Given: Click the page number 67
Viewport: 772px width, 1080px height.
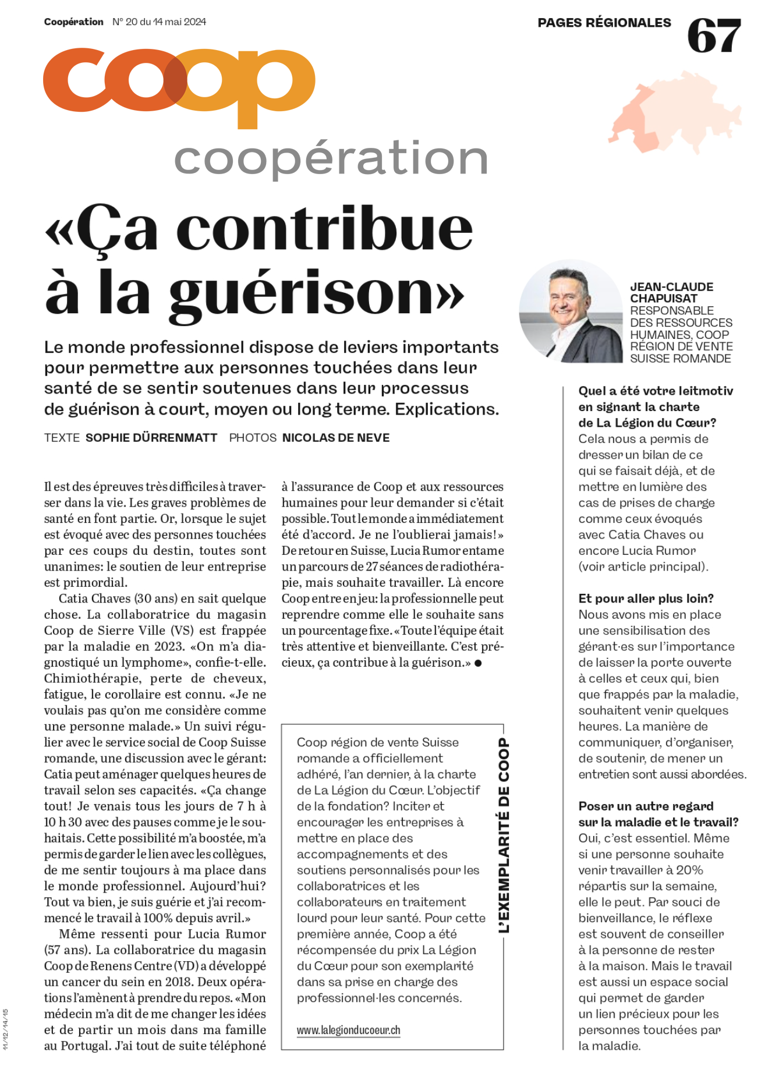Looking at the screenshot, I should coord(714,36).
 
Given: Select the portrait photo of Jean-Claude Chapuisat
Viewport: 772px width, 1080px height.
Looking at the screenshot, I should coord(571,311).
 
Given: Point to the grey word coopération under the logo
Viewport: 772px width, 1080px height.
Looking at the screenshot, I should coord(330,158).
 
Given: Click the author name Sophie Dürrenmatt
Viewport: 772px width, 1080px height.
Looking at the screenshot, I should coord(151,438).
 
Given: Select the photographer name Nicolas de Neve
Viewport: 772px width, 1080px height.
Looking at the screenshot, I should coord(336,438).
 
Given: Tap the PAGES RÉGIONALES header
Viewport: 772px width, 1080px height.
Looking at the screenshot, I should coord(604,23).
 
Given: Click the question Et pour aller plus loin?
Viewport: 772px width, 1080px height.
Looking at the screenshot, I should coord(646,599).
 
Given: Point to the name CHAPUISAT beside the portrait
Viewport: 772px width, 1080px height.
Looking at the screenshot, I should coord(663,299).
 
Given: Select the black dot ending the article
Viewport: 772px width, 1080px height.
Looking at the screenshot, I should coord(478,663).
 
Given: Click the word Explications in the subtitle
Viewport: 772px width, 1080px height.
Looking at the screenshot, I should coord(446,409).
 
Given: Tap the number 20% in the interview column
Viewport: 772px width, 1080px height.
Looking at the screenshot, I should coord(690,870).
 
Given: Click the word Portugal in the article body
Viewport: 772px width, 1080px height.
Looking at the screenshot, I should coord(84,1046).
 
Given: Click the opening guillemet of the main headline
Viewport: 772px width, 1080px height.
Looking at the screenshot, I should coord(59,231).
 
